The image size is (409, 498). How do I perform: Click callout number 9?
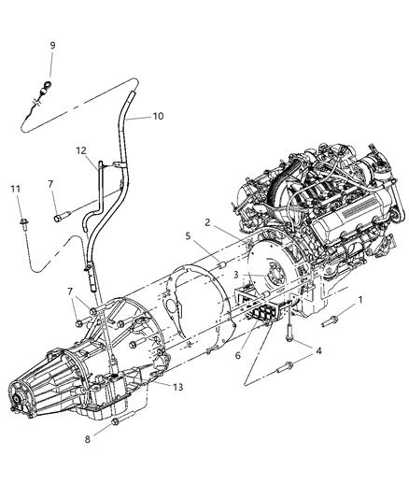pos(52,45)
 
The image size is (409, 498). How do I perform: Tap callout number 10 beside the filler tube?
pos(158,116)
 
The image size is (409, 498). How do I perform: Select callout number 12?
pos(81,150)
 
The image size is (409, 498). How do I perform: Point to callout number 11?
pos(16,189)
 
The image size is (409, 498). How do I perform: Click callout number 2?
pos(207,222)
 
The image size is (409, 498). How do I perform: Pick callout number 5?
pos(189,236)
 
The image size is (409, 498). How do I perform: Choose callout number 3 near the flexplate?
pos(235,275)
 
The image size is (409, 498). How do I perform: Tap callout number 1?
pos(360,300)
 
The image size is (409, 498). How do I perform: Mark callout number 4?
pos(318,350)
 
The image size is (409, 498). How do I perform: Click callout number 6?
pos(238,355)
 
